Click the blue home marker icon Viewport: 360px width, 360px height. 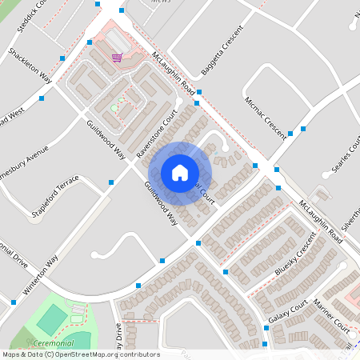(180, 173)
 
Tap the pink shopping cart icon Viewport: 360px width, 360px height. (117, 58)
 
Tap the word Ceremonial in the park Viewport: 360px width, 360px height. (61, 342)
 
